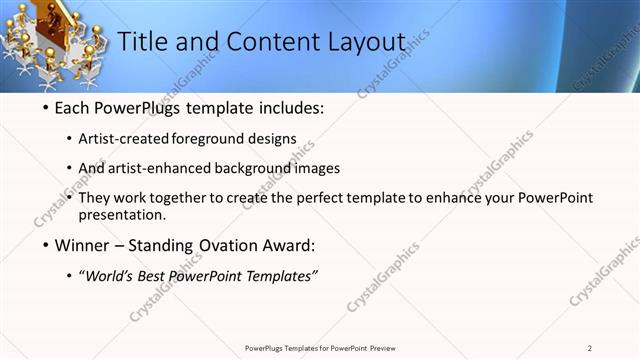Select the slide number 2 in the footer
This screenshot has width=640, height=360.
(x=590, y=348)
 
